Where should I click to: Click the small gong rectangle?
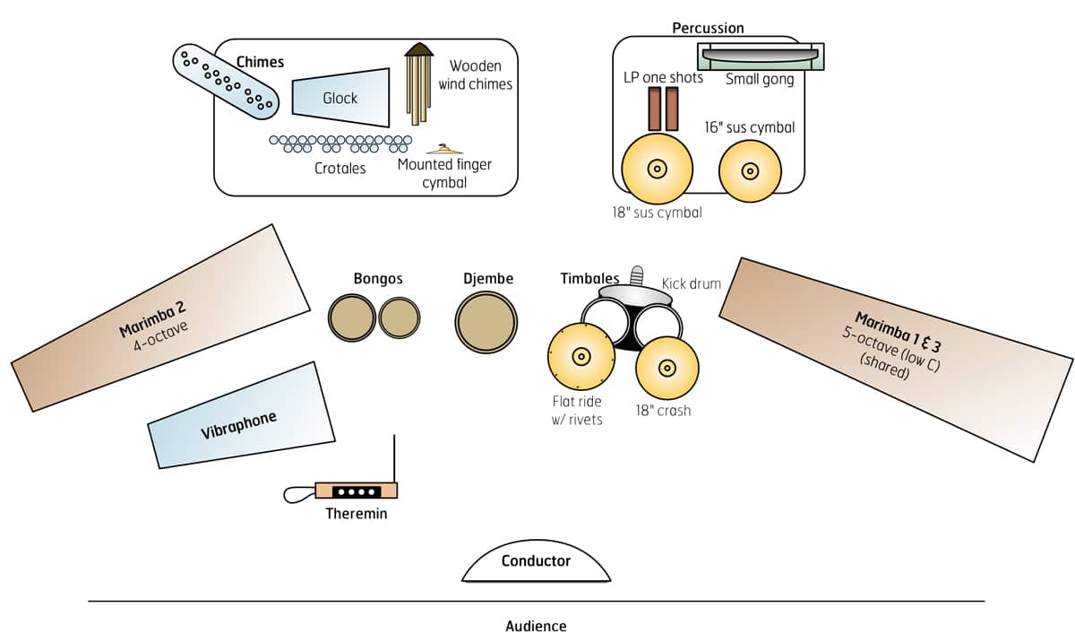coord(761,56)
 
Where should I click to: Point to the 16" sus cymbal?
coord(750,169)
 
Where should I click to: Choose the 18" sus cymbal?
coord(657,169)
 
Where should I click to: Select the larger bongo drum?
coord(351,317)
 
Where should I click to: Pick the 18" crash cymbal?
coord(666,368)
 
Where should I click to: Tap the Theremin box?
coord(356,491)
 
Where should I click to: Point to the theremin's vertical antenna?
coord(394,458)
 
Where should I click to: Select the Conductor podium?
coord(537,562)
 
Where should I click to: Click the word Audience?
coord(536,626)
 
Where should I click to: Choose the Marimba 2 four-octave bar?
coord(161,318)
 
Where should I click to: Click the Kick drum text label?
coord(691,283)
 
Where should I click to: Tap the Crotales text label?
coord(340,168)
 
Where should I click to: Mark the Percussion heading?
coord(708,29)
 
